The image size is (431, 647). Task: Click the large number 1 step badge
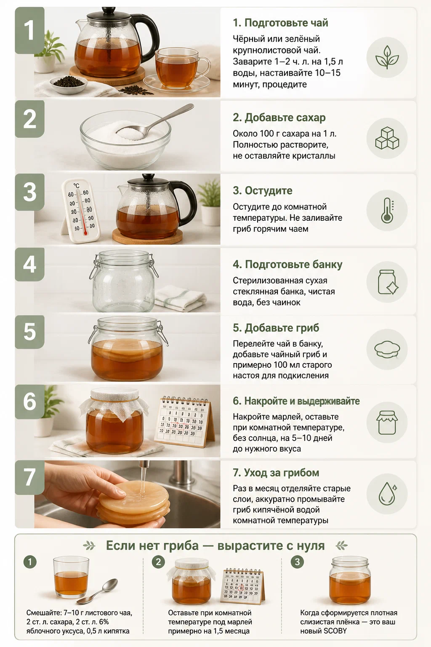click(x=30, y=30)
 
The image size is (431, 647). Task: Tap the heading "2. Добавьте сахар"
click(x=279, y=118)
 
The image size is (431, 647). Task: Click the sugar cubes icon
click(x=387, y=138)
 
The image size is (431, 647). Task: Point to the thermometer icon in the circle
click(x=387, y=211)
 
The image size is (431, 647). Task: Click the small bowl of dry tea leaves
click(x=69, y=84)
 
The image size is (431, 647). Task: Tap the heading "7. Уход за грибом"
click(x=276, y=473)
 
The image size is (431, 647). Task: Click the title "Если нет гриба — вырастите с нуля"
click(x=215, y=545)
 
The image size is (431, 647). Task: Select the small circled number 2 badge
click(x=158, y=562)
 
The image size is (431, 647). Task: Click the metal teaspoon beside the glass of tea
click(x=97, y=591)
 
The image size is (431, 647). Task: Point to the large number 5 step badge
click(x=30, y=332)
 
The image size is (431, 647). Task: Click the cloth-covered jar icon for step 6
click(x=387, y=422)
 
